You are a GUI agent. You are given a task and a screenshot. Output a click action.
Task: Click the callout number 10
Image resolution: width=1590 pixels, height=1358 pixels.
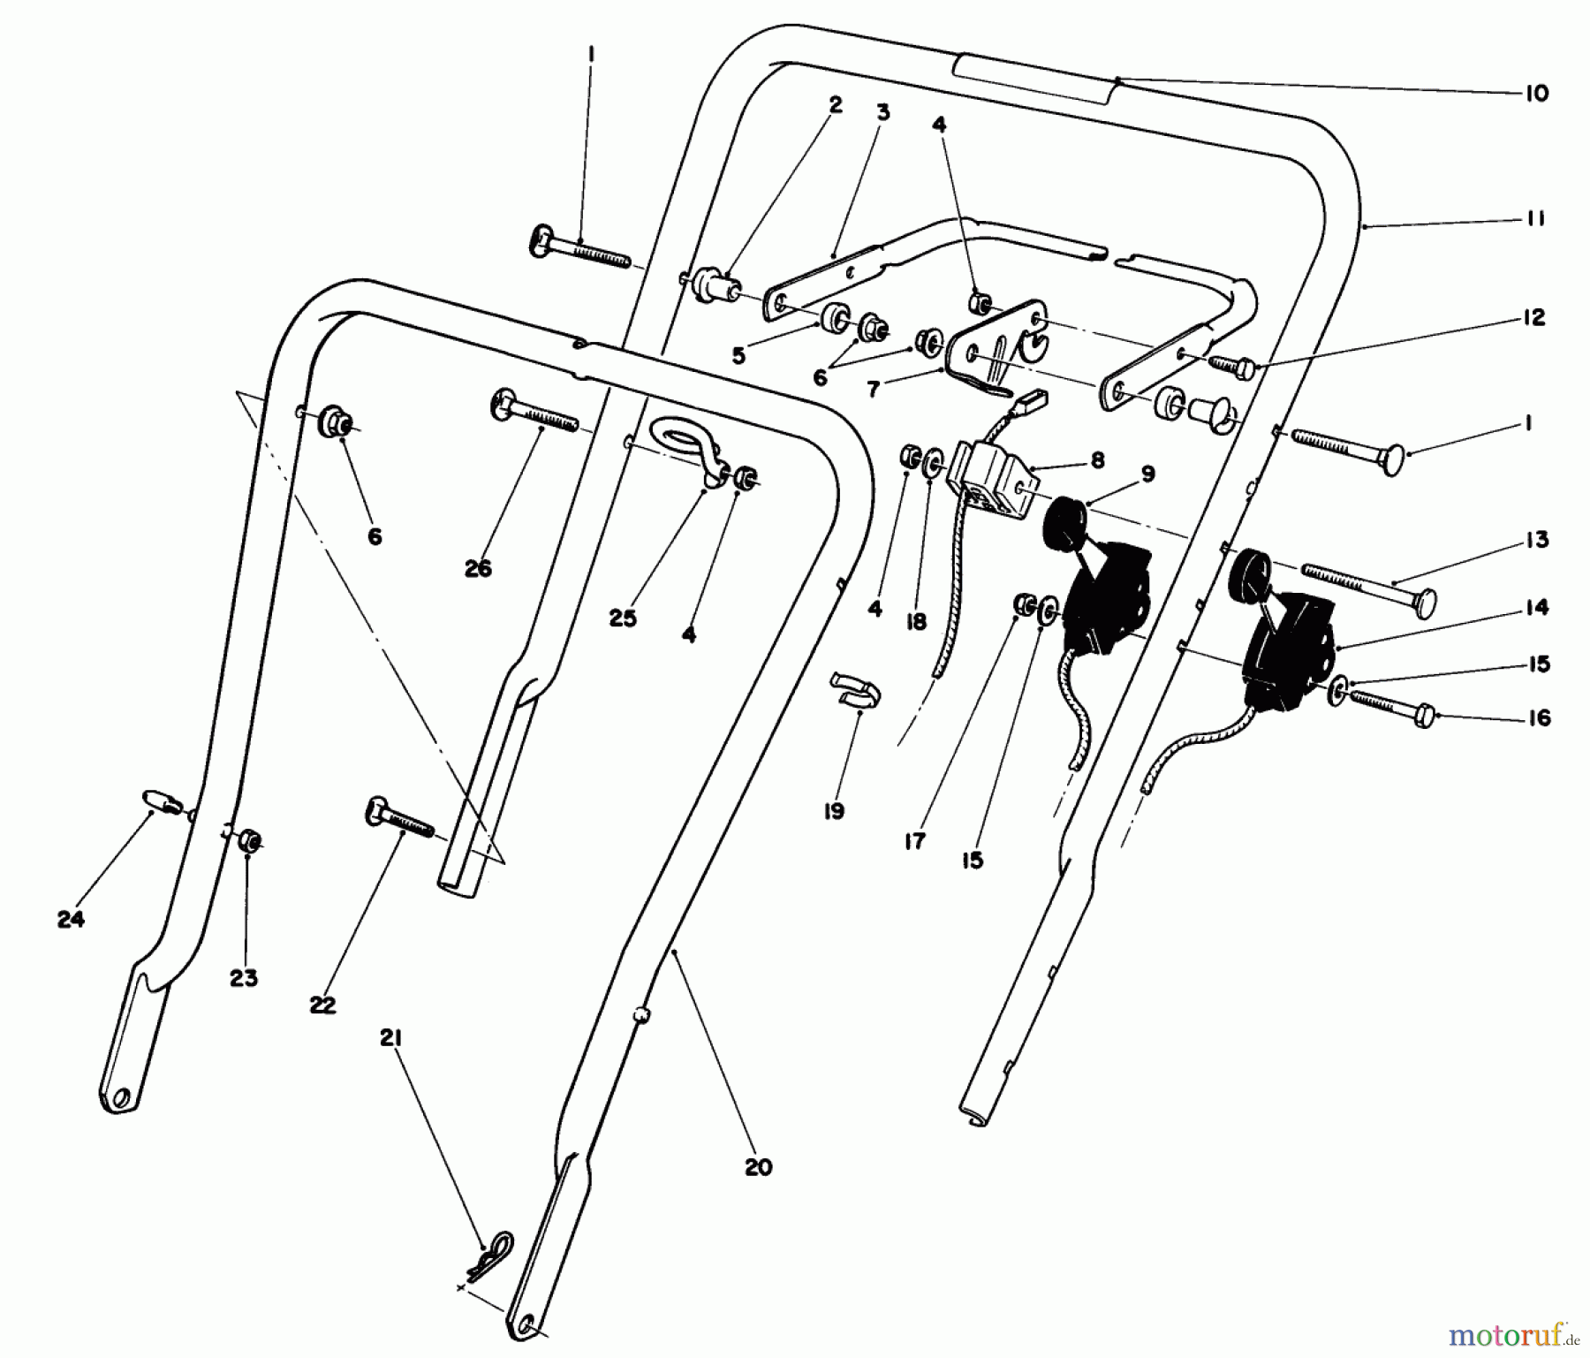pyautogui.click(x=1536, y=94)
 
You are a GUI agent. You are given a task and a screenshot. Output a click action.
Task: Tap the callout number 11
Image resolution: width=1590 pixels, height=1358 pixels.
pyautogui.click(x=1536, y=218)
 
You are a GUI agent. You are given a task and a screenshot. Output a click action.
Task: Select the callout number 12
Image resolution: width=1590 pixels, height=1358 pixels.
pyautogui.click(x=1534, y=317)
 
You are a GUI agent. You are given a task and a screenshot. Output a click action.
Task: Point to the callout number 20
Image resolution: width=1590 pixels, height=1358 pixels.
pyautogui.click(x=758, y=1167)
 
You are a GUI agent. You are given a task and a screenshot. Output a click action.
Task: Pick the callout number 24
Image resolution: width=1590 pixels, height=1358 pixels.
pyautogui.click(x=71, y=920)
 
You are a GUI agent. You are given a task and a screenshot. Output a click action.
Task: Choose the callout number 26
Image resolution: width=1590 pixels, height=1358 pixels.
pyautogui.click(x=478, y=569)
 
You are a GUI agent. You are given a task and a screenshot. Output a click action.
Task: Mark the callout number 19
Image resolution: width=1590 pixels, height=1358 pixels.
pyautogui.click(x=834, y=811)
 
